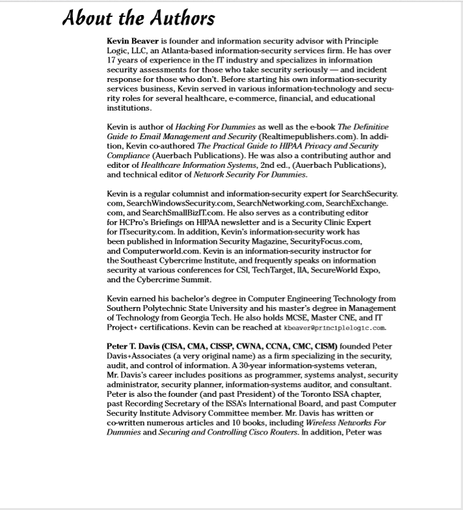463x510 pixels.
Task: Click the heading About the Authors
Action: pyautogui.click(x=138, y=18)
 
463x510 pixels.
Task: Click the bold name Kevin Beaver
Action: pyautogui.click(x=133, y=41)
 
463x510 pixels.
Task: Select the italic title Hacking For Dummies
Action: pyautogui.click(x=215, y=127)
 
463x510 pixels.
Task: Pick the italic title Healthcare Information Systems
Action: pyautogui.click(x=198, y=165)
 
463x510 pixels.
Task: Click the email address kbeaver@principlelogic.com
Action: pyautogui.click(x=335, y=327)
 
